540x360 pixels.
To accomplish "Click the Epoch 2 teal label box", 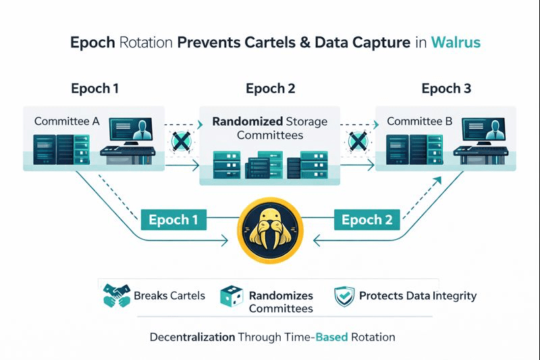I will pos(367,220).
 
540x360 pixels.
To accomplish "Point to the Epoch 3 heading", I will pos(446,88).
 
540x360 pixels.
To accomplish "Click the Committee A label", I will pos(67,122).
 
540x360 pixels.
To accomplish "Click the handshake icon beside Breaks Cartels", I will pos(116,296).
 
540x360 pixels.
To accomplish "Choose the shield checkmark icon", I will pos(344,297).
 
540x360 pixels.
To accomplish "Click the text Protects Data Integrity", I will pos(418,296).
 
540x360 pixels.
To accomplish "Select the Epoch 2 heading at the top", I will pos(270,88).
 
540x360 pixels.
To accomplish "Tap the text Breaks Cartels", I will pos(169,296).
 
